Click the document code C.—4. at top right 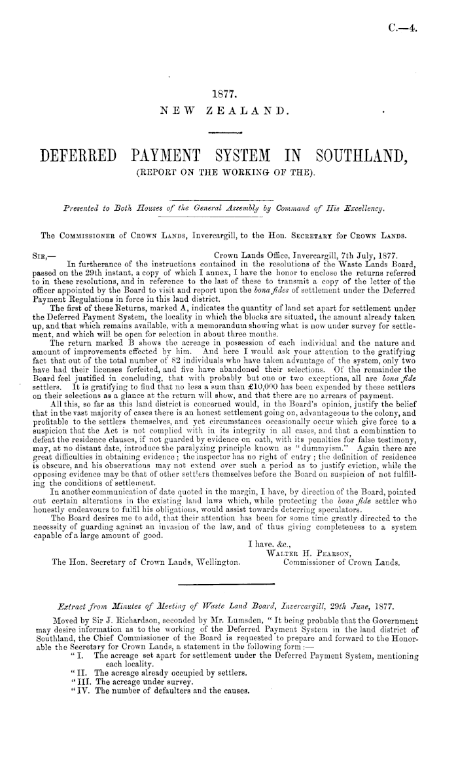[x=400, y=27]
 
